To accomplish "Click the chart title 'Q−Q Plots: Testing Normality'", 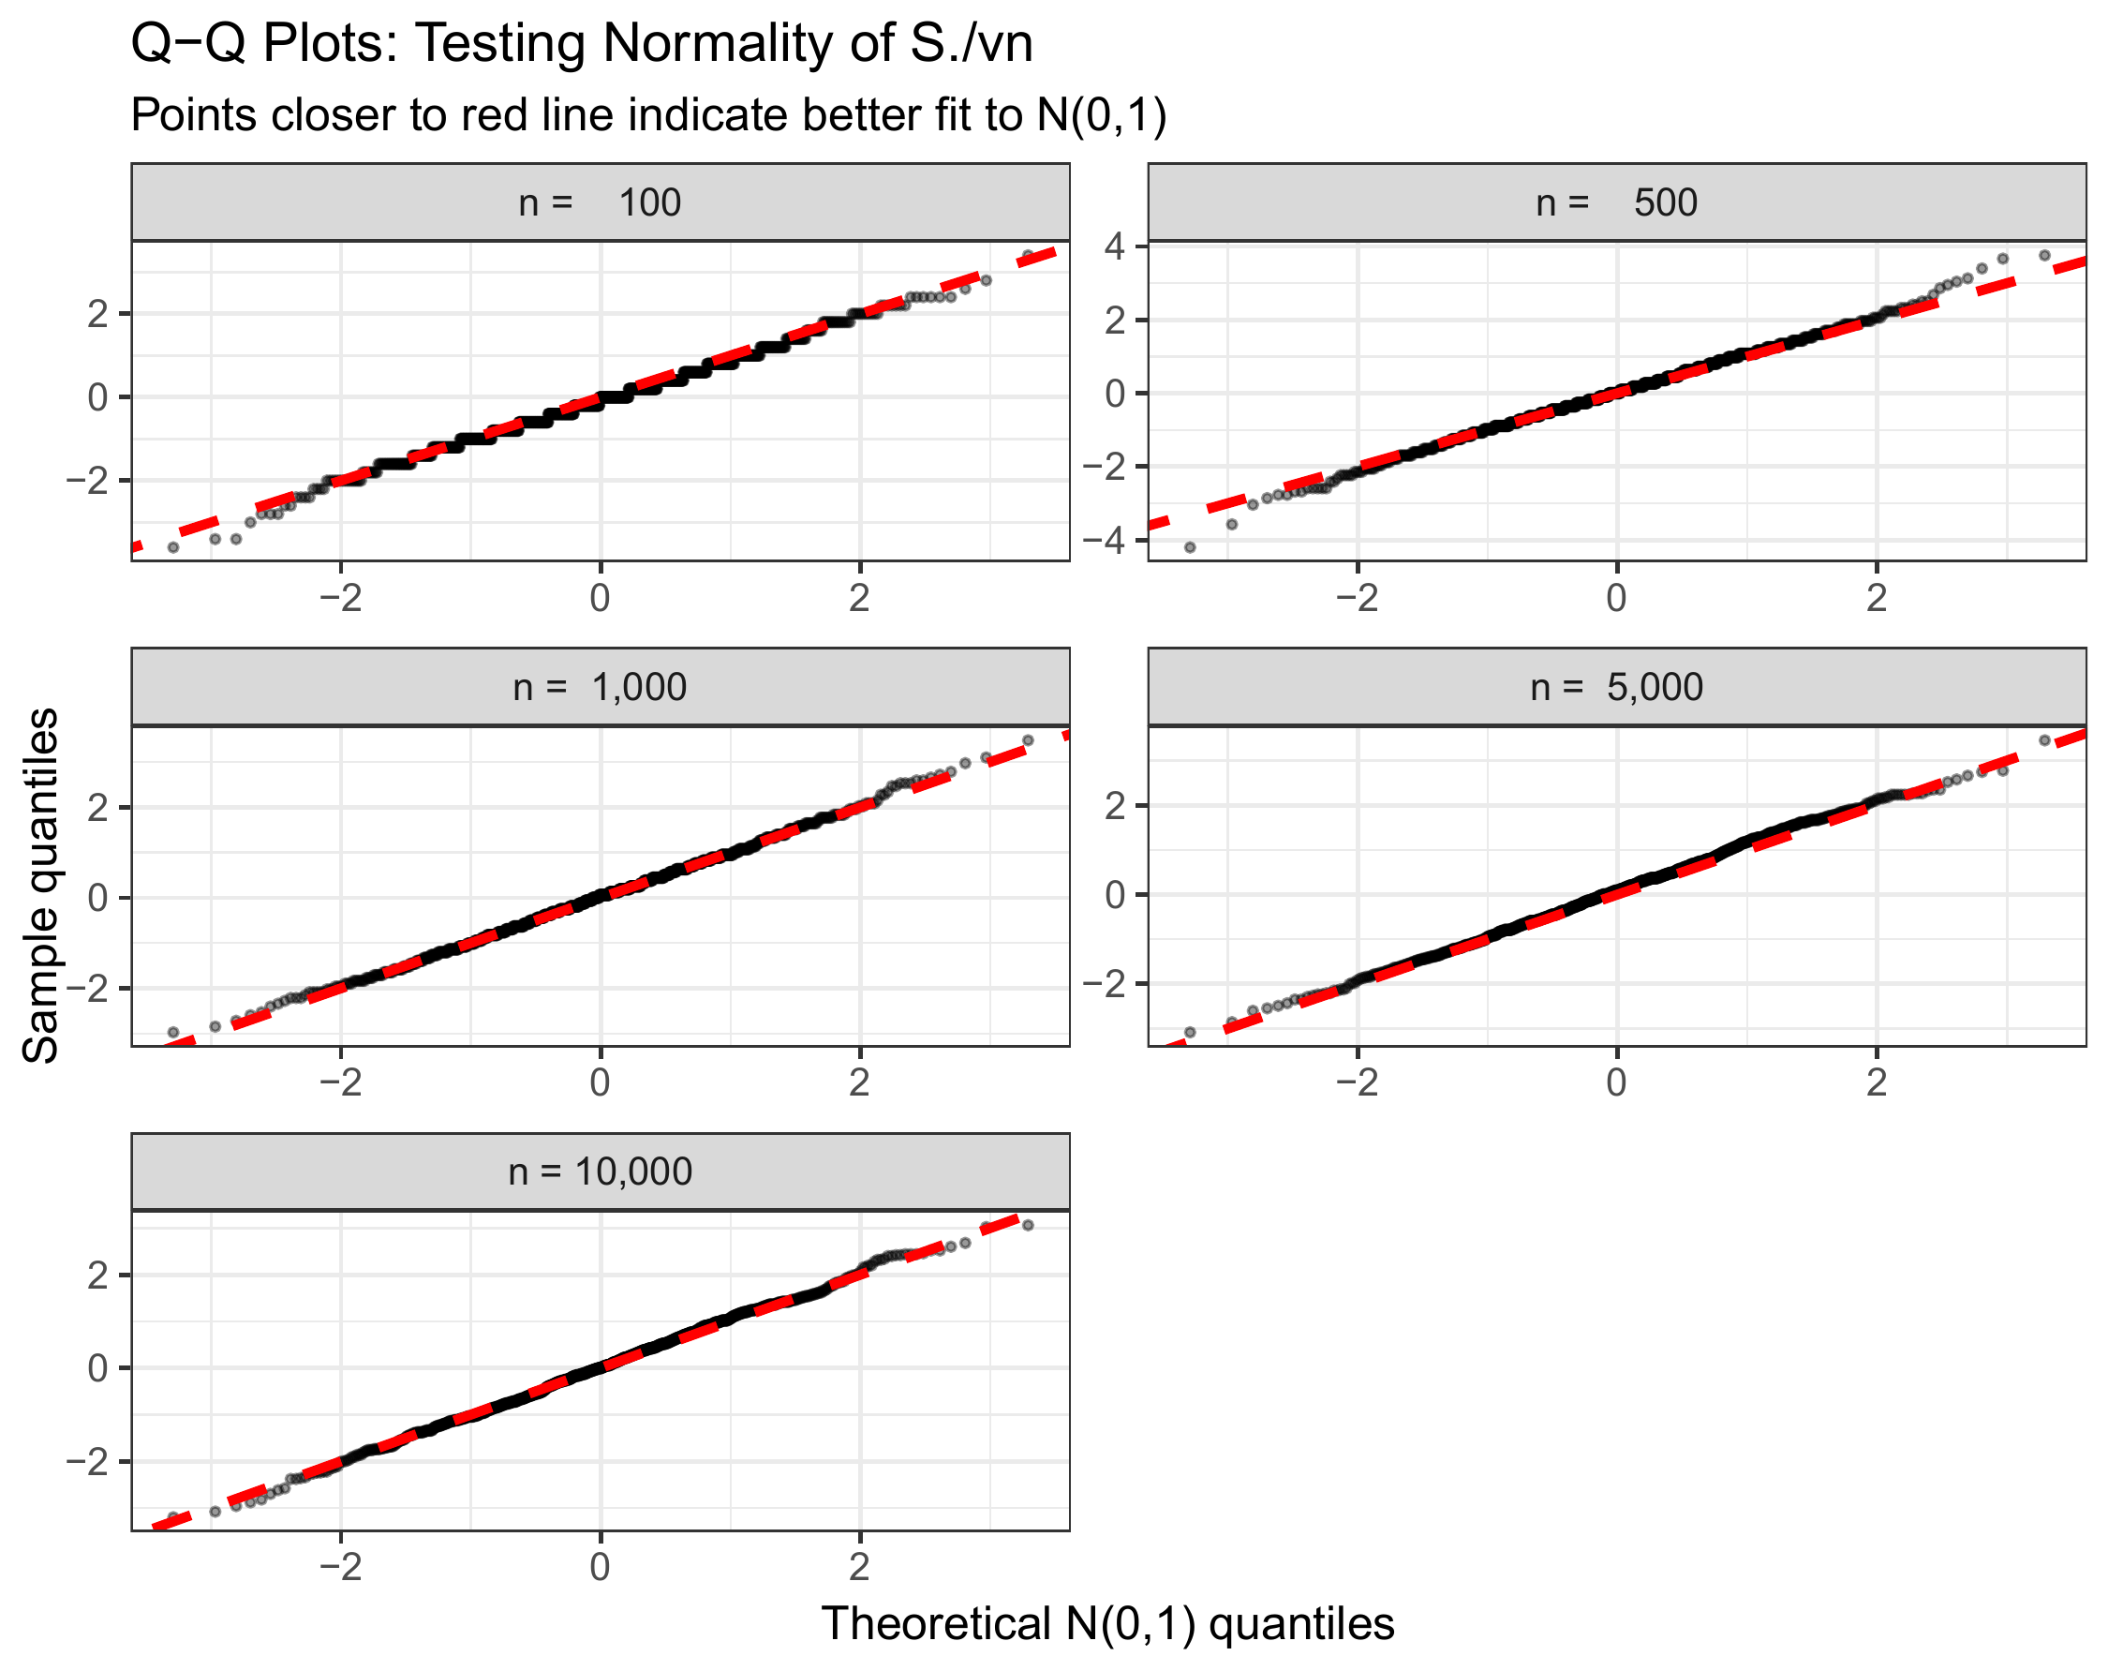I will (x=581, y=44).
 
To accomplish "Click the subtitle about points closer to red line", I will (x=648, y=115).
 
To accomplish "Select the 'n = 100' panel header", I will (x=600, y=202).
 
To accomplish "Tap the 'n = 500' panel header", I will (x=1616, y=202).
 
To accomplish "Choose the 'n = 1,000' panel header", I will (x=600, y=687).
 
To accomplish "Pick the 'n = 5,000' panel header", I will (x=1616, y=687).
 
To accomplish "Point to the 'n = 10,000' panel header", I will (x=600, y=1171).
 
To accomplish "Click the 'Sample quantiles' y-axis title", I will (x=41, y=886).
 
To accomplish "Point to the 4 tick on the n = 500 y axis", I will (x=1115, y=246).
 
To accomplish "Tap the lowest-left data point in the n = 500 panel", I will (x=1190, y=547).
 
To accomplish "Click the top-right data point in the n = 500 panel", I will (x=2044, y=255).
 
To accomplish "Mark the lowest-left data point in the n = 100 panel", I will (x=173, y=547).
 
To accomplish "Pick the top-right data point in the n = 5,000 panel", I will (x=2044, y=740).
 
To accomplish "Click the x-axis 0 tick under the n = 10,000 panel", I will (x=600, y=1567).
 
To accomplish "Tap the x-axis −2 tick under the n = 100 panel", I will (x=340, y=598).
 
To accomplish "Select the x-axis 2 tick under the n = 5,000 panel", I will (x=1877, y=1082).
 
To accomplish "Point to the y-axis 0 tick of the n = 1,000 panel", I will (x=97, y=898).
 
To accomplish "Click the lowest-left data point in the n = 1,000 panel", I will (x=173, y=1033).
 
